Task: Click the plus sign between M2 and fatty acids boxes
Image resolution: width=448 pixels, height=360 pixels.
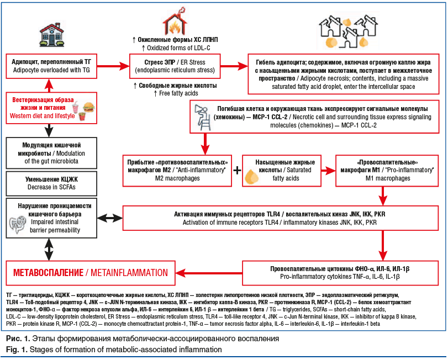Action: tap(236, 169)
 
